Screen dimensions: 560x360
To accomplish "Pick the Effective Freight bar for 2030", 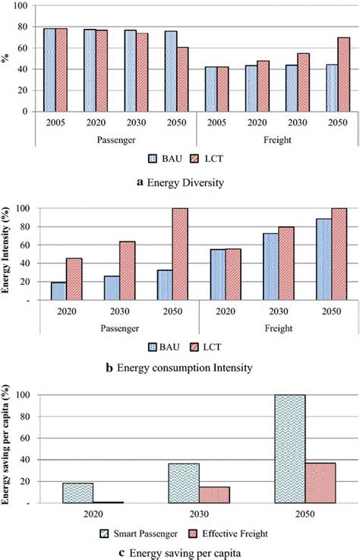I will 215,494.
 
